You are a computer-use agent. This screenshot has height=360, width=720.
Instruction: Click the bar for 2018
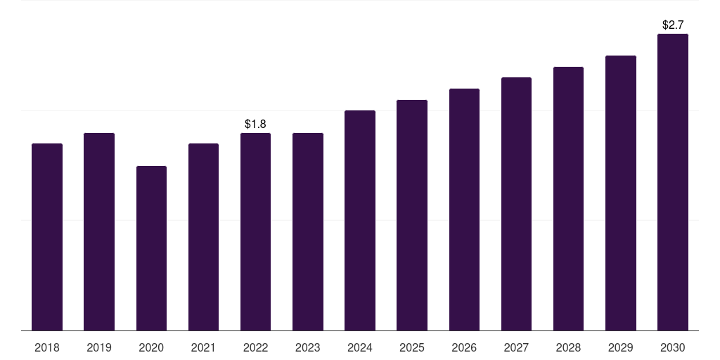pos(47,237)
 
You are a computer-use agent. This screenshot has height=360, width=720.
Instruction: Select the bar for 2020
pos(151,248)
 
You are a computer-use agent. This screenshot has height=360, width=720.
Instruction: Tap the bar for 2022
pos(255,231)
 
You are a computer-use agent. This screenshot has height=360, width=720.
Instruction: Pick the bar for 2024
pos(360,220)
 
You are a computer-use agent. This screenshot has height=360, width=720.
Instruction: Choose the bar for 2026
pos(464,210)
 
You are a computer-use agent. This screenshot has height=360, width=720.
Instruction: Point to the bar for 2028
pos(568,198)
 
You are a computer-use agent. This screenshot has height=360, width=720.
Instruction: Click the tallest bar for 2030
pos(673,182)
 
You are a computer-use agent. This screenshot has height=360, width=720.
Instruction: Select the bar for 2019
pos(99,231)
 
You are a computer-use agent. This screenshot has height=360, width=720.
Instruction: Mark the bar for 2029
pos(621,193)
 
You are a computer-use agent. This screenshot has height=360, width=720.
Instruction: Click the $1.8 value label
pos(255,124)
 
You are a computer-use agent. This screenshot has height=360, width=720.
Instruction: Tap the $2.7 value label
pos(673,25)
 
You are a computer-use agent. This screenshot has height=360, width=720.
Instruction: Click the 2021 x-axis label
pos(203,347)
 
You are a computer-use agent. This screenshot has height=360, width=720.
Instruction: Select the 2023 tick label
pos(308,347)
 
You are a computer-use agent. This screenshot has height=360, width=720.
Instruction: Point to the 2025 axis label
pos(412,347)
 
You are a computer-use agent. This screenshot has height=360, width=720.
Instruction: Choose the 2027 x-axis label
pos(516,347)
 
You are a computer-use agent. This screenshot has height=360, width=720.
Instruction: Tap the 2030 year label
pos(673,347)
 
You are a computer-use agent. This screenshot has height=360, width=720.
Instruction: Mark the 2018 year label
pos(47,347)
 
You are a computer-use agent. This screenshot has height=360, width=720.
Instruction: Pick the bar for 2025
pos(412,215)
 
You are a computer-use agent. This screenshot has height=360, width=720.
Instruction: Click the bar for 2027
pos(516,204)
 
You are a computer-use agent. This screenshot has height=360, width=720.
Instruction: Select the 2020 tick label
pos(151,347)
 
